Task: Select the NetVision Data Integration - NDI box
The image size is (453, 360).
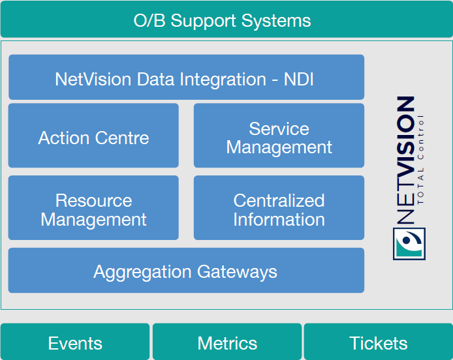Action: pyautogui.click(x=186, y=78)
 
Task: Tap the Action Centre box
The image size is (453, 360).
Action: pyautogui.click(x=93, y=136)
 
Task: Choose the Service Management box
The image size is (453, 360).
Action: pyautogui.click(x=279, y=136)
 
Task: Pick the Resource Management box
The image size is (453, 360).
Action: pyautogui.click(x=93, y=208)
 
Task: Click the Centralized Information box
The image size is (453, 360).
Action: pyautogui.click(x=279, y=208)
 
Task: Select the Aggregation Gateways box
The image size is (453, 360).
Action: pyautogui.click(x=186, y=270)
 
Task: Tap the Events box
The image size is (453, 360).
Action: pyautogui.click(x=75, y=342)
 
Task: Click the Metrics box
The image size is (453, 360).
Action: pyautogui.click(x=227, y=342)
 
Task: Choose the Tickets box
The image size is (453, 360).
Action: pyautogui.click(x=379, y=342)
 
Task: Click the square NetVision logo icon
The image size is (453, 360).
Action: pyautogui.click(x=409, y=243)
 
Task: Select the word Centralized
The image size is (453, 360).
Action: pyautogui.click(x=279, y=200)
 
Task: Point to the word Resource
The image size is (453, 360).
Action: pyautogui.click(x=93, y=200)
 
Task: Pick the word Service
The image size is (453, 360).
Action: pyautogui.click(x=279, y=128)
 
